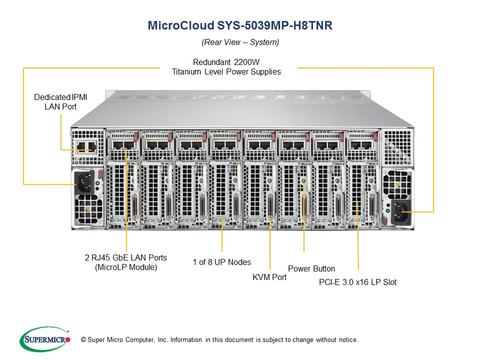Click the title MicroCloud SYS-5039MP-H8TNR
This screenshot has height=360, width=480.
(x=240, y=26)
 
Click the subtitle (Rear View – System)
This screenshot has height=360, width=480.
(x=240, y=42)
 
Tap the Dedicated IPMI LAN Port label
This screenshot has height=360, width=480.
(x=60, y=101)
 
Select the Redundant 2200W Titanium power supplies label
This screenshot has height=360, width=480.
(x=226, y=67)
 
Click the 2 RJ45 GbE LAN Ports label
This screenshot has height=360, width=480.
(x=126, y=262)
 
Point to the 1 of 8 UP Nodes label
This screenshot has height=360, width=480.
(x=222, y=262)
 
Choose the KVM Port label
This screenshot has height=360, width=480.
(x=269, y=276)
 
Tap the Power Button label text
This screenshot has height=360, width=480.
(x=311, y=268)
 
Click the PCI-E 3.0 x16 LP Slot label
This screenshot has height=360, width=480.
(x=357, y=282)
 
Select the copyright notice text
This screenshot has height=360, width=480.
(x=219, y=340)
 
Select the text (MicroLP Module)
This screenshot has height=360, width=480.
(x=126, y=267)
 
